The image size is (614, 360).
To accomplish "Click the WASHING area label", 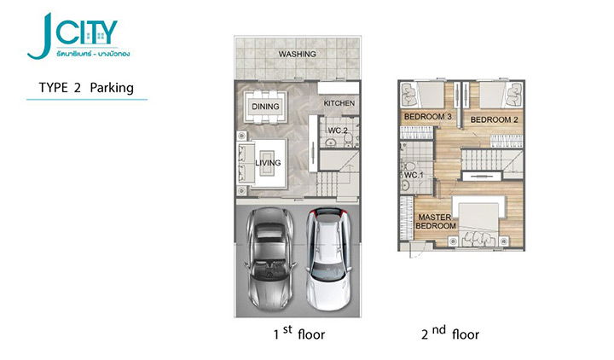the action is pyautogui.click(x=298, y=54).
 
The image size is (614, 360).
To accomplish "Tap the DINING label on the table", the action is pyautogui.click(x=265, y=107).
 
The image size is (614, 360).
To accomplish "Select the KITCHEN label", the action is pyautogui.click(x=339, y=103).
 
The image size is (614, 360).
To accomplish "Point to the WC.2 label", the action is pyautogui.click(x=338, y=131).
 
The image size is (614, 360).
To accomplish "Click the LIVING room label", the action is pyautogui.click(x=268, y=163).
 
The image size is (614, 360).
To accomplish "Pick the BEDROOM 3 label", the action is pyautogui.click(x=428, y=117).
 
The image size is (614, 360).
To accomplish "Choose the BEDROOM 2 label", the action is pyautogui.click(x=494, y=120).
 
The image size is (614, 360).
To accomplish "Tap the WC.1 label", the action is pyautogui.click(x=414, y=175).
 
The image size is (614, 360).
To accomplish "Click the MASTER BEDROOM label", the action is pyautogui.click(x=436, y=221).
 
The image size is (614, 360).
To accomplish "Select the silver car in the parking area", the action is pyautogui.click(x=269, y=258).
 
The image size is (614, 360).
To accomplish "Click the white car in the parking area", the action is pyautogui.click(x=329, y=258).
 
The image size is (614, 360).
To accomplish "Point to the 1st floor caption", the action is pyautogui.click(x=299, y=333).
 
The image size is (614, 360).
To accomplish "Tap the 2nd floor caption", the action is pyautogui.click(x=450, y=333).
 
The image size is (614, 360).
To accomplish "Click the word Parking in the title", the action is pyautogui.click(x=112, y=88).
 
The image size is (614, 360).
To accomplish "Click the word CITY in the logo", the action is pyautogui.click(x=86, y=32).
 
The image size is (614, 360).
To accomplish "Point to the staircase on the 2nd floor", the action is pyautogui.click(x=492, y=160).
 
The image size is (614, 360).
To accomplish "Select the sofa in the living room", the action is pyautogui.click(x=245, y=163).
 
